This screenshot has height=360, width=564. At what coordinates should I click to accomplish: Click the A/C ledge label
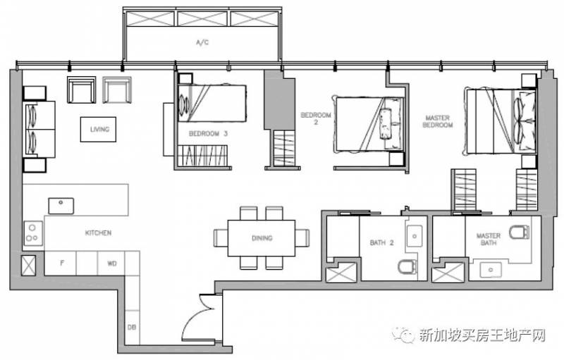coord(202,43)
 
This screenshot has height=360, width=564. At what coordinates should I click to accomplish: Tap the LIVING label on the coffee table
coord(99,130)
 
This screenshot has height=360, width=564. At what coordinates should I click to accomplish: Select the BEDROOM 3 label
coord(208,134)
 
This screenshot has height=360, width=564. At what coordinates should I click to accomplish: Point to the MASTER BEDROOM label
coord(437,121)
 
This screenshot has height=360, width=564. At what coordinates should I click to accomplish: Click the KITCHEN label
coord(98,232)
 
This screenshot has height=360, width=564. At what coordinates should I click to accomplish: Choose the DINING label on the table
coord(262,238)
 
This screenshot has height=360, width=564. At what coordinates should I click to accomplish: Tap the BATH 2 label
coord(381,243)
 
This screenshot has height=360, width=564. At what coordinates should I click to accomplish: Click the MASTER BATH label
coord(489,240)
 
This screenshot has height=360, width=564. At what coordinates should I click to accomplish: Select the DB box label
coord(132,328)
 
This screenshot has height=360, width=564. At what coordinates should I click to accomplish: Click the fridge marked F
coord(61,263)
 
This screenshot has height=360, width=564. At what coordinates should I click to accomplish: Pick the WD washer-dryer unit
coord(111,263)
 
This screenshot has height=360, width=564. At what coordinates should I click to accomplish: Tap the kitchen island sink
coord(61,206)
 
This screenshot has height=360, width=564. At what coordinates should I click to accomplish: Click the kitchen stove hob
coord(32,233)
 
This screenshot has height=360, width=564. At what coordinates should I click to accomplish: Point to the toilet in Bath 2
coord(407,268)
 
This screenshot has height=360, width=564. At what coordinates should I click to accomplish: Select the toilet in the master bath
coord(520,232)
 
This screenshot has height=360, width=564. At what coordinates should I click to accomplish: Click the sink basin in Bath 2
coord(415,236)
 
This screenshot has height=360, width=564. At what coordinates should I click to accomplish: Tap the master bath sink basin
coord(491,270)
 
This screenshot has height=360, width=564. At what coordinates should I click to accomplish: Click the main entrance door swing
coord(198,318)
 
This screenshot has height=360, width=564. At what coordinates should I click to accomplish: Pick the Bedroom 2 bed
coord(369,123)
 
